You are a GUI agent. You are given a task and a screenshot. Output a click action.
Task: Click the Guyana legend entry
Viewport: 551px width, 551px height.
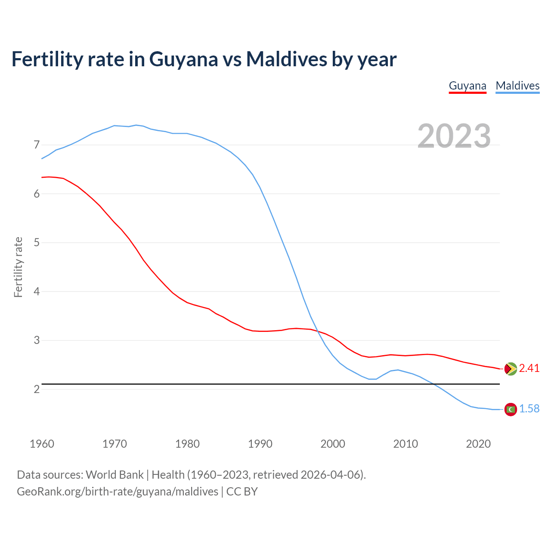pyautogui.click(x=467, y=86)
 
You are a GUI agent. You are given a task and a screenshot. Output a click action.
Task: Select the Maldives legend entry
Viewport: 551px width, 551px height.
pyautogui.click(x=517, y=86)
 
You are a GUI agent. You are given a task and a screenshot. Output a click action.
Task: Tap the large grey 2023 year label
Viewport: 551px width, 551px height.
pyautogui.click(x=454, y=136)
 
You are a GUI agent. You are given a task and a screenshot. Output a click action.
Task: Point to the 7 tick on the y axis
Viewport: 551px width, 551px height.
pyautogui.click(x=37, y=145)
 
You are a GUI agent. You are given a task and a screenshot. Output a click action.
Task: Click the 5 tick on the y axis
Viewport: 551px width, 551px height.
pyautogui.click(x=37, y=242)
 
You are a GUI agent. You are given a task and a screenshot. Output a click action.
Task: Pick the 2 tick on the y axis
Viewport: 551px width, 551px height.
pyautogui.click(x=37, y=389)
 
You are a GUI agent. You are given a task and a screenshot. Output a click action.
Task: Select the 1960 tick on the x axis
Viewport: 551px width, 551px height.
pyautogui.click(x=42, y=444)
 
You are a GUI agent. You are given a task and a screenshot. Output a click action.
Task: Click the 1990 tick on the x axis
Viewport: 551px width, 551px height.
pyautogui.click(x=260, y=444)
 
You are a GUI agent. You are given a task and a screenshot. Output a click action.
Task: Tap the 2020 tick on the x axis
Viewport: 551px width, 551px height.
pyautogui.click(x=478, y=444)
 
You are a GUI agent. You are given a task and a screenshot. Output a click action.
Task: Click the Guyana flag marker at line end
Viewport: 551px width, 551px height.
pyautogui.click(x=510, y=368)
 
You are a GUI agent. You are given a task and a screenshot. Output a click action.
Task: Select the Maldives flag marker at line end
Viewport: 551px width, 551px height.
pyautogui.click(x=510, y=409)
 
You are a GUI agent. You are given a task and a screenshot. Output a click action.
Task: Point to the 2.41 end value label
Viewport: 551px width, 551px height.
pyautogui.click(x=529, y=368)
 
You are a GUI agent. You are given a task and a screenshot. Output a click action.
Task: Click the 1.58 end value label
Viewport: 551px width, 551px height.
pyautogui.click(x=529, y=409)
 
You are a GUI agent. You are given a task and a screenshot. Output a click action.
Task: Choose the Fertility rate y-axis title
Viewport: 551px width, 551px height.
pyautogui.click(x=18, y=267)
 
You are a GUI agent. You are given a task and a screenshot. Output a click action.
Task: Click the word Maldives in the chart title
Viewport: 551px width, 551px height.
pyautogui.click(x=286, y=59)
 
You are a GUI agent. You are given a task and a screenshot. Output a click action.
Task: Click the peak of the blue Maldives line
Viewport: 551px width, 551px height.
pyautogui.click(x=136, y=125)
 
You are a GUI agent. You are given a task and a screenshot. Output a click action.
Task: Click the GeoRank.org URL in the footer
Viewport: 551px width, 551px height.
pyautogui.click(x=118, y=492)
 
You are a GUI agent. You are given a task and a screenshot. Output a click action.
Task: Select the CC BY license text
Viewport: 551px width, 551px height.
pyautogui.click(x=242, y=492)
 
